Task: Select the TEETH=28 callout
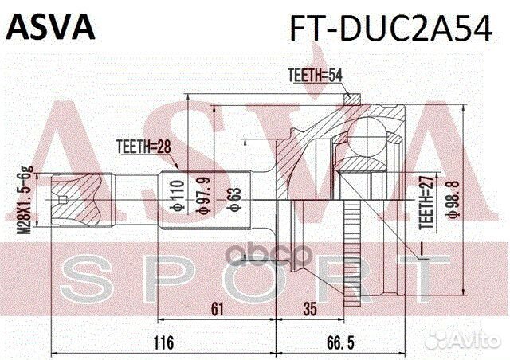tap(143, 145)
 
